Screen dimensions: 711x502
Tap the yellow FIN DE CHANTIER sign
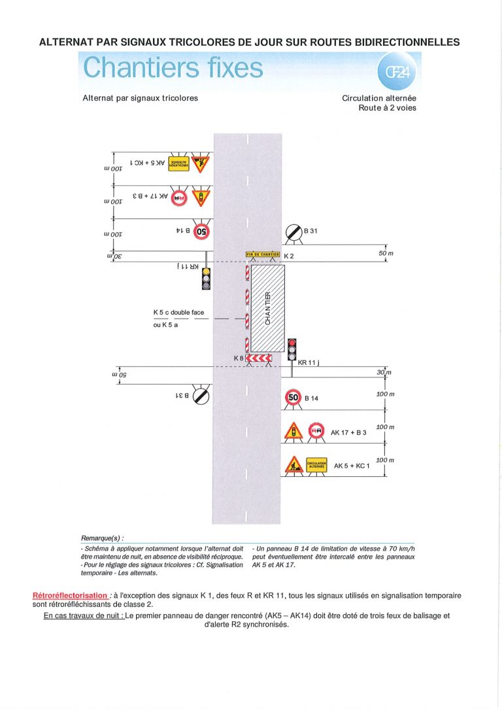pos(263,254)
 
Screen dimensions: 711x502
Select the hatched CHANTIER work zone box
pos(268,308)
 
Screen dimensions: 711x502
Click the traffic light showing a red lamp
pos(292,349)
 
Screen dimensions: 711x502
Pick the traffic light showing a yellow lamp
pos(206,279)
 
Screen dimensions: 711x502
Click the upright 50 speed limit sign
pos(293,397)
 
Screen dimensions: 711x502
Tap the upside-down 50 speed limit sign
pos(201,230)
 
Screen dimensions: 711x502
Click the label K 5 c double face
pos(178,313)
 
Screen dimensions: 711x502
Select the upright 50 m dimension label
pos(388,252)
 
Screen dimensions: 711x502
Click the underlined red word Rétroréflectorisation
pos(70,596)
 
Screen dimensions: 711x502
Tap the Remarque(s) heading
pos(102,537)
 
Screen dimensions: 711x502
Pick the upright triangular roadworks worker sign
pos(293,466)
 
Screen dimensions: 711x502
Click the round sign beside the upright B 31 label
pos(293,232)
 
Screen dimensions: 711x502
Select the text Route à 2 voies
pos(387,108)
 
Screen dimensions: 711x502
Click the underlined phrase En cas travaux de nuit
pos(84,616)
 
